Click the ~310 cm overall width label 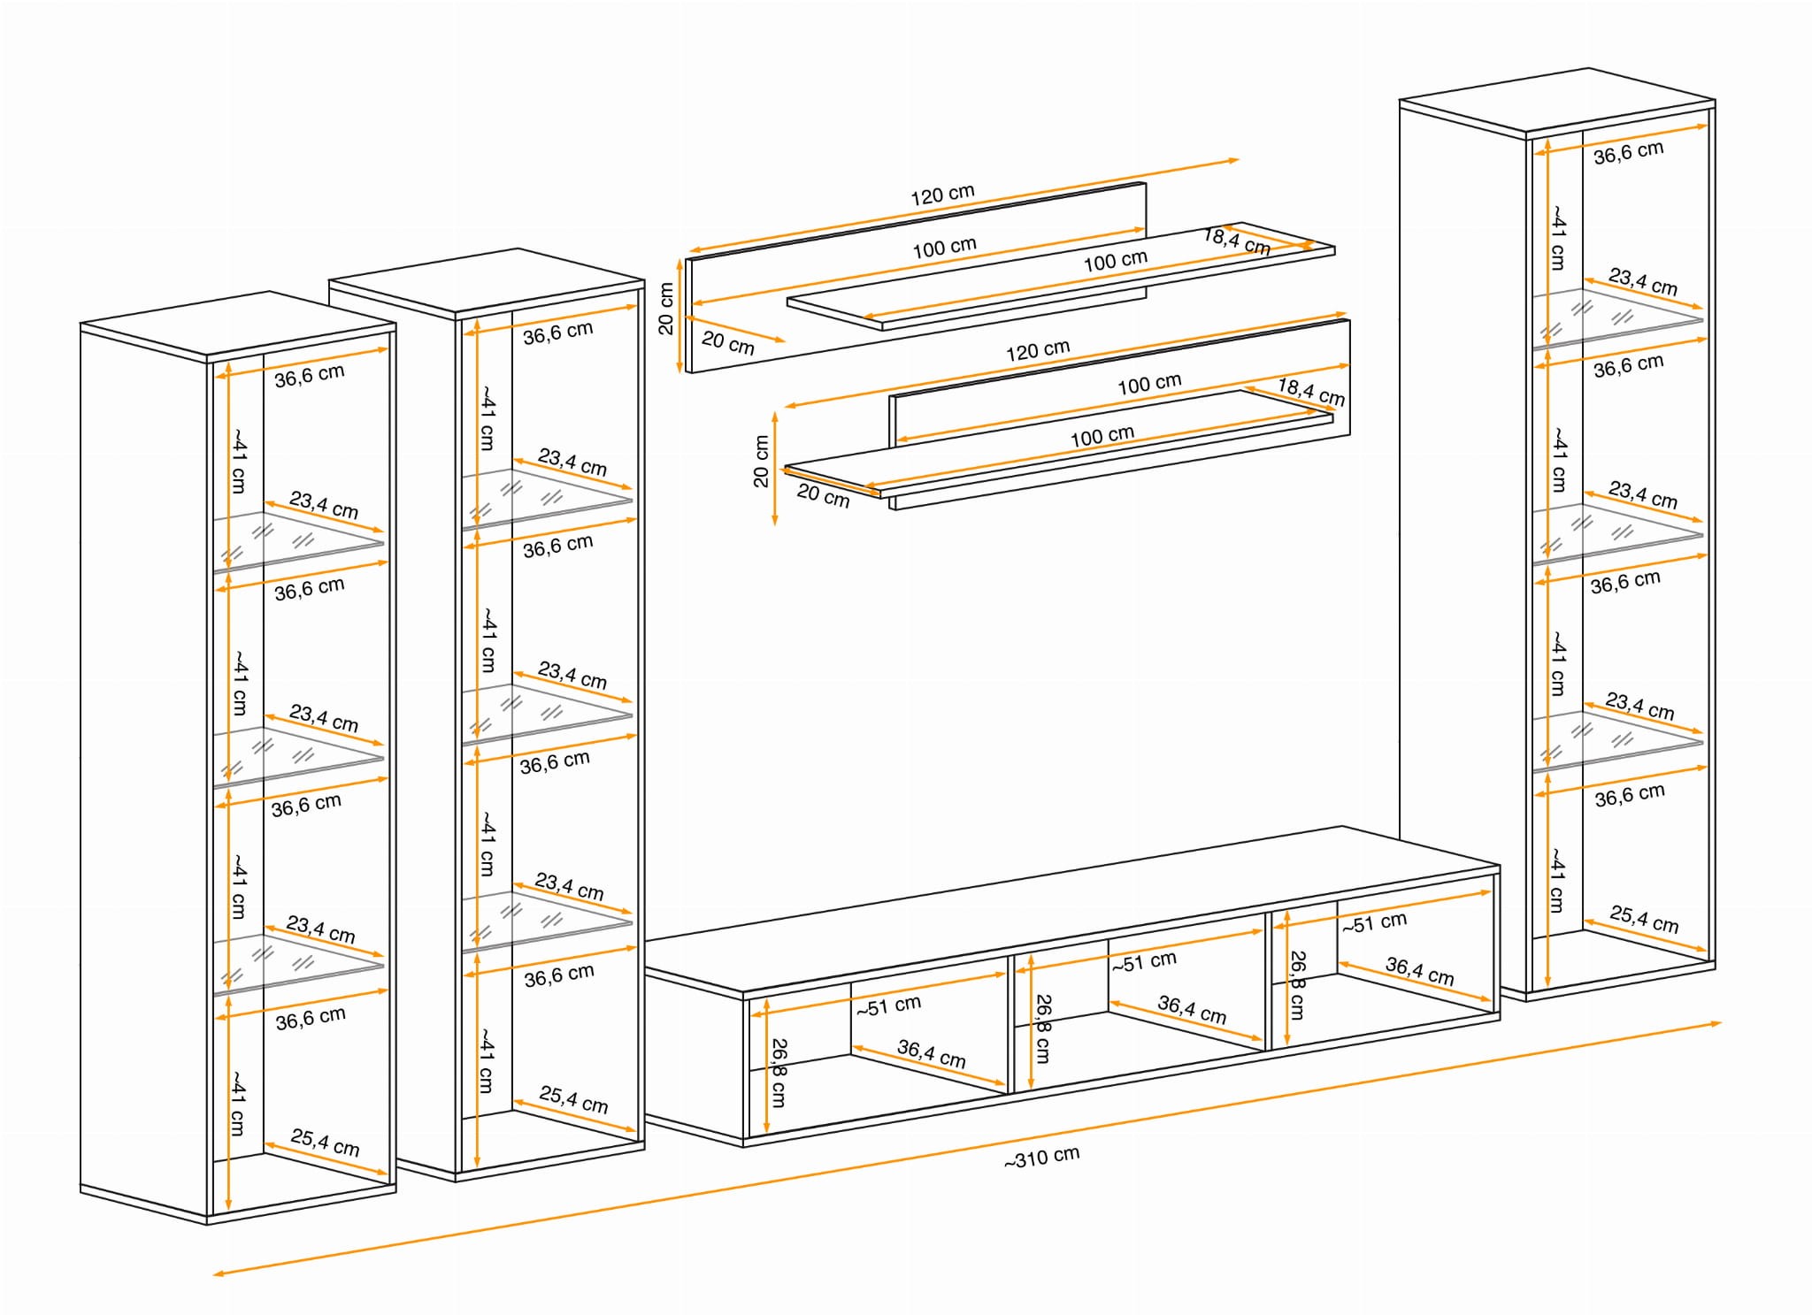1041,1157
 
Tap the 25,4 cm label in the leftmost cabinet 325,1143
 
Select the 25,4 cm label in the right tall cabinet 1644,919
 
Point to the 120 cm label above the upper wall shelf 942,194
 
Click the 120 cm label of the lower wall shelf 1037,350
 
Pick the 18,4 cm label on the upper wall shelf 1237,241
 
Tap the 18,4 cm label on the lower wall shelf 1310,392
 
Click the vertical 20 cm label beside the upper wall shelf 666,309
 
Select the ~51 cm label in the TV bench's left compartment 888,1005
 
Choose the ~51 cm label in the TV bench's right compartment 1374,923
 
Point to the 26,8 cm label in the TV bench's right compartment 1297,985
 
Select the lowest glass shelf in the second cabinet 546,920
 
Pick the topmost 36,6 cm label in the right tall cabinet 1628,152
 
